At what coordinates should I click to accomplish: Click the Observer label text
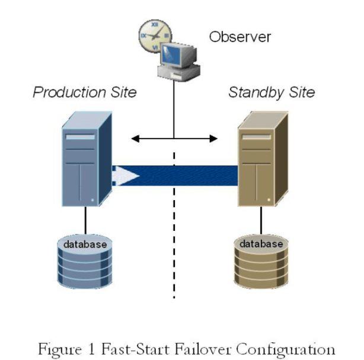pyautogui.click(x=240, y=37)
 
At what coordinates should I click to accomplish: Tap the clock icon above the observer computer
pyautogui.click(x=151, y=34)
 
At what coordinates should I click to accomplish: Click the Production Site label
pyautogui.click(x=84, y=92)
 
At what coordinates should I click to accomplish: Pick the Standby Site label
pyautogui.click(x=272, y=92)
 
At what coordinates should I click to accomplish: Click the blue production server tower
pyautogui.click(x=85, y=160)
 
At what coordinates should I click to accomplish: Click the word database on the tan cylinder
pyautogui.click(x=261, y=244)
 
